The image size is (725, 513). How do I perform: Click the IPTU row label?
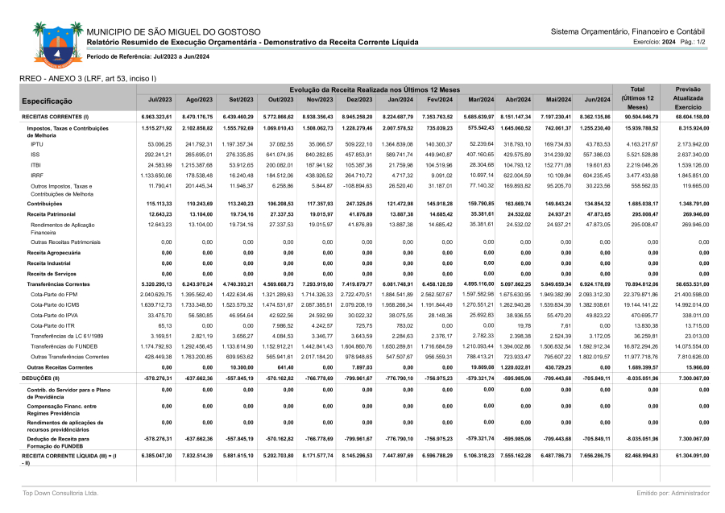click(x=37, y=143)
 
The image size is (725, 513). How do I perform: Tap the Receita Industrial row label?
click(x=48, y=263)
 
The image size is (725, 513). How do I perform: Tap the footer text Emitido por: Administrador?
click(x=673, y=492)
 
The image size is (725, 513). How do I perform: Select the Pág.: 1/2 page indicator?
click(x=693, y=41)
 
